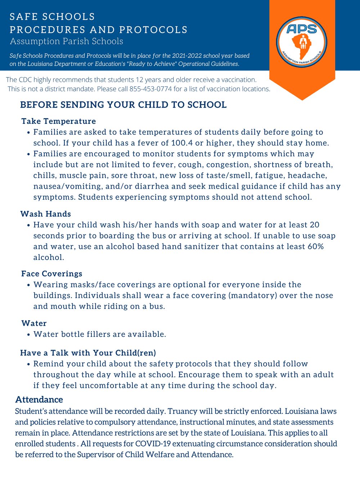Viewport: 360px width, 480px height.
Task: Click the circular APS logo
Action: [302, 42]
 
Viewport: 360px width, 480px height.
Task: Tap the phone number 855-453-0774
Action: [150, 89]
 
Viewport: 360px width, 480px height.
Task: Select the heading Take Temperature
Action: [59, 121]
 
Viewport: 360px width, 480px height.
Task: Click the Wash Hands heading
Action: [46, 214]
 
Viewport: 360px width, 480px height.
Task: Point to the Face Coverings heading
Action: [52, 274]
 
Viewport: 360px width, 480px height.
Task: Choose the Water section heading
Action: [34, 323]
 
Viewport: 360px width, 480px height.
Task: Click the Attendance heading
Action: [39, 400]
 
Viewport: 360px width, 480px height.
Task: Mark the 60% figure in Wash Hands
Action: [315, 247]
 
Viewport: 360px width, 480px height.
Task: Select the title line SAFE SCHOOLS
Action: [52, 17]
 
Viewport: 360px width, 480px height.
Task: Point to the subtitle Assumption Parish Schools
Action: [67, 41]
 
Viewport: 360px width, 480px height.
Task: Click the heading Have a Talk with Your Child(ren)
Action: [88, 353]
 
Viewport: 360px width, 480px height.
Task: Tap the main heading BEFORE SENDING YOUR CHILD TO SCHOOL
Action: [123, 105]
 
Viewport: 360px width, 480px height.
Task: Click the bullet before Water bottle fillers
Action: [28, 335]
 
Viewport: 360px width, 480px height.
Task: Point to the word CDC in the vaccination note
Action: [25, 80]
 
